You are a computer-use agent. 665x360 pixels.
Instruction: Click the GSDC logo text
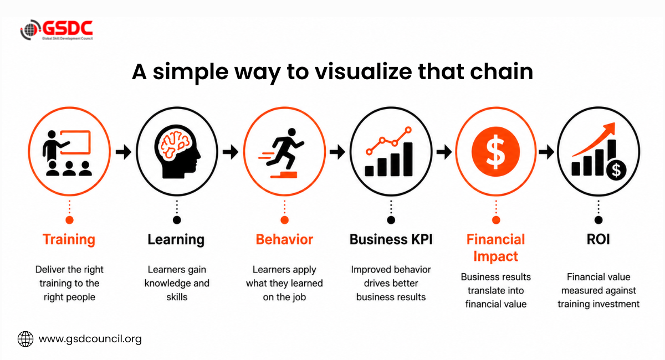pyautogui.click(x=68, y=28)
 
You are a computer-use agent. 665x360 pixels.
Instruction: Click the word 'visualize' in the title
pyautogui.click(x=364, y=71)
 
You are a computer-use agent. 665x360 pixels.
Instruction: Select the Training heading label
pyautogui.click(x=69, y=240)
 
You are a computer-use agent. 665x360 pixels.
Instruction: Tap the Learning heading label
pyautogui.click(x=176, y=239)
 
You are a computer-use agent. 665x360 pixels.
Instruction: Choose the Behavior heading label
pyautogui.click(x=284, y=239)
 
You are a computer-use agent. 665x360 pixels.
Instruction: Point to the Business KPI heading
pyautogui.click(x=391, y=239)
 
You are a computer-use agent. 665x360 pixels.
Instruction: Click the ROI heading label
pyautogui.click(x=598, y=239)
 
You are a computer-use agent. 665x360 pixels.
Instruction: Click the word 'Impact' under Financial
pyautogui.click(x=495, y=256)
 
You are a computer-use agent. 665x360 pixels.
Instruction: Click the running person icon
pyautogui.click(x=282, y=151)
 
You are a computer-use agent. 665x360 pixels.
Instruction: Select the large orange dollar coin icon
pyautogui.click(x=495, y=152)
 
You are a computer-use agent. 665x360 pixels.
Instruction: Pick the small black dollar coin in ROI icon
pyautogui.click(x=616, y=170)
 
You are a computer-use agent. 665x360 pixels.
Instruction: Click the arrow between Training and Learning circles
pyautogui.click(x=123, y=152)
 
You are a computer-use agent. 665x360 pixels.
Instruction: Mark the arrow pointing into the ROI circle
pyautogui.click(x=546, y=152)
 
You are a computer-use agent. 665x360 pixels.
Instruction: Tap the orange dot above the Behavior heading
pyautogui.click(x=284, y=220)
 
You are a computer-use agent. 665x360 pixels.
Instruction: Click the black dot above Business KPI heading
pyautogui.click(x=391, y=220)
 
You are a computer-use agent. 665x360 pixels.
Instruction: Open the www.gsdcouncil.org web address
pyautogui.click(x=90, y=339)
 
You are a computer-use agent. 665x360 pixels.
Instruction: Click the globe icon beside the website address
pyautogui.click(x=25, y=339)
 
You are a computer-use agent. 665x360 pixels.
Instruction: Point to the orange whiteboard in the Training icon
pyautogui.click(x=75, y=142)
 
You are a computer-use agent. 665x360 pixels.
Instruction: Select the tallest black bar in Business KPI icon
pyautogui.click(x=408, y=160)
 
